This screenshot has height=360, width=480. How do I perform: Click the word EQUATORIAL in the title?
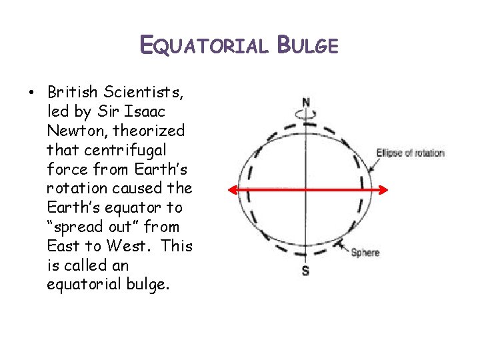203,45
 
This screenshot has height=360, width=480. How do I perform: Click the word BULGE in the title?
308,45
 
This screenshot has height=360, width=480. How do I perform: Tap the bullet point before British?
33,91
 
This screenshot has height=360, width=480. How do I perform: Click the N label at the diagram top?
306,102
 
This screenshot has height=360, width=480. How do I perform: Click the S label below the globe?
305,271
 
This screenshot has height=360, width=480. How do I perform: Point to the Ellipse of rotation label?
410,153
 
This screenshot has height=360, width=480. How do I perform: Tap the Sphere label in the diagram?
365,253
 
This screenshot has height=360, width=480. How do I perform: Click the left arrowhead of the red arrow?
231,190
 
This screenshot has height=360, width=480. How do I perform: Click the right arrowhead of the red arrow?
383,190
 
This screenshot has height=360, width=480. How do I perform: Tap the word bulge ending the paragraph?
149,285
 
